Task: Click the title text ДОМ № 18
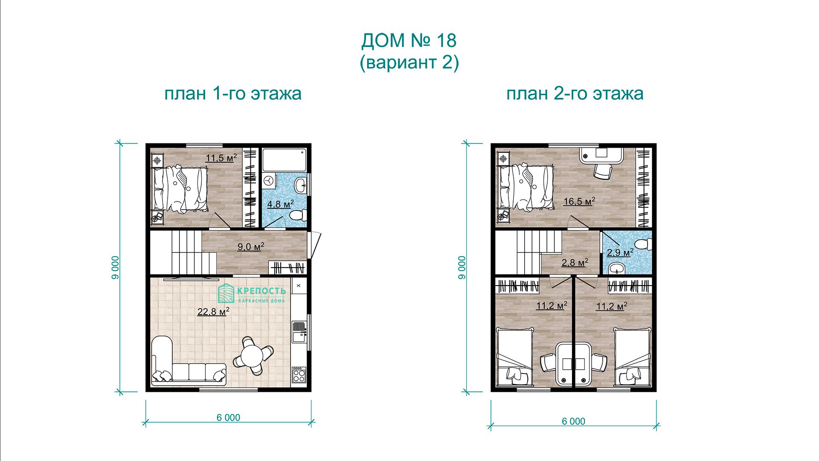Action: [409, 41]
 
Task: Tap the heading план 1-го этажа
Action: [233, 93]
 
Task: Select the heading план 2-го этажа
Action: [575, 93]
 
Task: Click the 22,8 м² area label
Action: [213, 311]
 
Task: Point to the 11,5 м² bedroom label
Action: [221, 158]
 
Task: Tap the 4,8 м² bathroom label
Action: [280, 204]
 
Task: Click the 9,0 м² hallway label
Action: [250, 246]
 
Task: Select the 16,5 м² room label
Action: [579, 201]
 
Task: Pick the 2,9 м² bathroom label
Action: [620, 252]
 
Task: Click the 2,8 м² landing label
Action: [575, 262]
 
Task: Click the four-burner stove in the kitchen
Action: [299, 375]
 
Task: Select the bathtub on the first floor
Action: [284, 160]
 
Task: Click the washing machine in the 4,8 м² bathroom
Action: [268, 181]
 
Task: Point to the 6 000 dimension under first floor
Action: [228, 417]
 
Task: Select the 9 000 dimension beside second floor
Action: [462, 268]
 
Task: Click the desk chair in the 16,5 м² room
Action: [603, 171]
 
